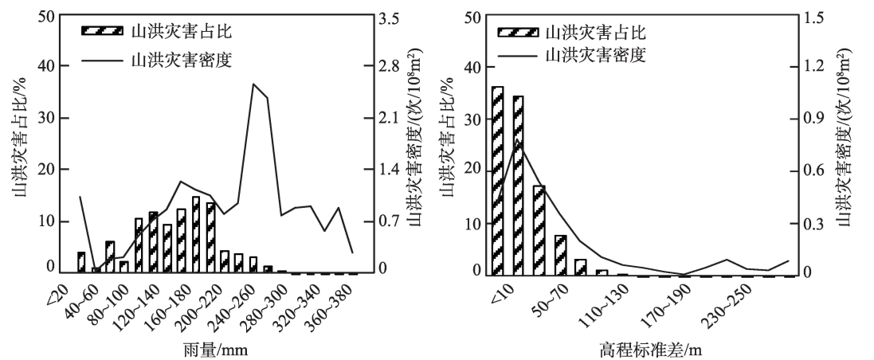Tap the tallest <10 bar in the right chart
498,180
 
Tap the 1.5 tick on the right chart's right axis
823,16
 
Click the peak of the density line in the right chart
518,140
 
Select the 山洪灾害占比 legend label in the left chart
164,32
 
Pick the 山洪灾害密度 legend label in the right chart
595,56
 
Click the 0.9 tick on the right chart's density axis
823,119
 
